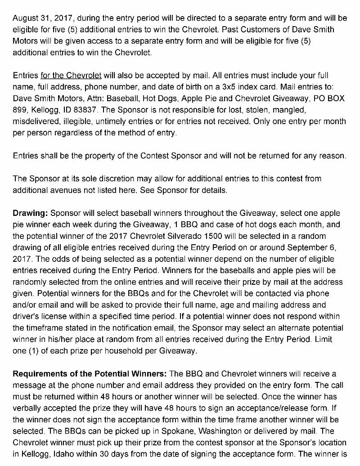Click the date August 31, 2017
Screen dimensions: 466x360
43,18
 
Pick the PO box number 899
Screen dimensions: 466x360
20,110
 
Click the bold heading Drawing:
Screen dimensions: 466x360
31,213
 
